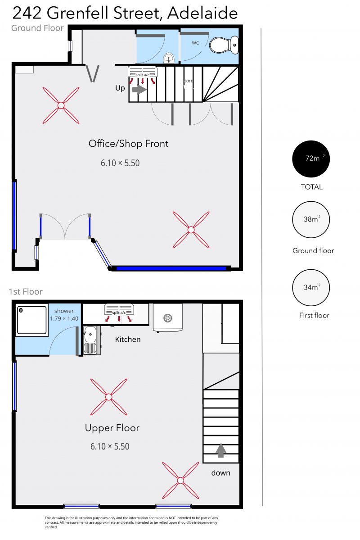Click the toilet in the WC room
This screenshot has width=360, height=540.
pyautogui.click(x=224, y=45)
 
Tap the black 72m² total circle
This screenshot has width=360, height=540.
pyautogui.click(x=311, y=159)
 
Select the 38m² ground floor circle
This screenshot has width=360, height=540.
pyautogui.click(x=311, y=220)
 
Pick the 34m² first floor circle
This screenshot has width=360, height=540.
pyautogui.click(x=311, y=287)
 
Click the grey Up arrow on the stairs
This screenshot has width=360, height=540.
pyautogui.click(x=139, y=90)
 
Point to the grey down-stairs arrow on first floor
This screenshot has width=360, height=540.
pyautogui.click(x=220, y=450)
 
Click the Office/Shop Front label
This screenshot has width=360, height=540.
pyautogui.click(x=128, y=144)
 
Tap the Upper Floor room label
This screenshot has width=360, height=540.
pyautogui.click(x=112, y=428)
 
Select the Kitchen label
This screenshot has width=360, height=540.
pyautogui.click(x=128, y=340)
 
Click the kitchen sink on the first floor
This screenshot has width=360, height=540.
pyautogui.click(x=91, y=340)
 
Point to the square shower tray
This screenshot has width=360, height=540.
pyautogui.click(x=31, y=320)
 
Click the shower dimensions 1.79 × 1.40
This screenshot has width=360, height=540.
pyautogui.click(x=64, y=318)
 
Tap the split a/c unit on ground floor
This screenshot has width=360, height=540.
pyautogui.click(x=143, y=75)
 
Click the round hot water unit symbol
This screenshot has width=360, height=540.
pyautogui.click(x=167, y=318)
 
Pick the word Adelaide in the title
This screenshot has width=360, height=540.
pyautogui.click(x=202, y=13)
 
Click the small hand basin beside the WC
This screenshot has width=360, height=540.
pyautogui.click(x=169, y=58)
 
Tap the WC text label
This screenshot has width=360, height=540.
pyautogui.click(x=195, y=43)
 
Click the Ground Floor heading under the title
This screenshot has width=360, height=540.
pyautogui.click(x=37, y=28)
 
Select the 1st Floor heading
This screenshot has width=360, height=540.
pyautogui.click(x=26, y=292)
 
